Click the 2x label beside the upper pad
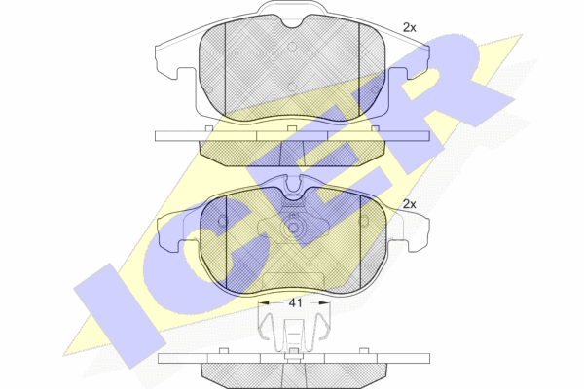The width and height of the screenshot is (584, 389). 410,27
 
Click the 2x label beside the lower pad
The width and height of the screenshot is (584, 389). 410,204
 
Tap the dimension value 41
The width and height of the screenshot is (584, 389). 295,303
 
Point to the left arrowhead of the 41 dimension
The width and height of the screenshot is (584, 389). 263,303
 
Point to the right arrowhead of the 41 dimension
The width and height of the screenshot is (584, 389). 325,303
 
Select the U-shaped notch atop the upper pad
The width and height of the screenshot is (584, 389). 293,22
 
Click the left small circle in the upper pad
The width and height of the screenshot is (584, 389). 209,89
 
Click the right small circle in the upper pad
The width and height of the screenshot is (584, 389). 375,89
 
